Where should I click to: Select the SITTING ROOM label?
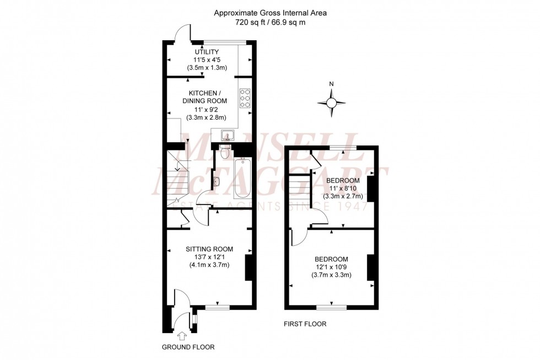point(209,248)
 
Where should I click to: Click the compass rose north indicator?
point(331,102)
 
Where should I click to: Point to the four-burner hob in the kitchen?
point(245,98)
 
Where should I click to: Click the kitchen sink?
point(226,135)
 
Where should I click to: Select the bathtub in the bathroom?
point(242,178)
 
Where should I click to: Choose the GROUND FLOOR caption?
point(188,347)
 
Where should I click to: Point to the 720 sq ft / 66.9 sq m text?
point(270,23)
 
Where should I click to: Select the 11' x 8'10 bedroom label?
point(343,189)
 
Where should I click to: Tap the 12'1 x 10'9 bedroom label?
point(331,267)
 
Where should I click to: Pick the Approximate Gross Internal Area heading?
point(270,13)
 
